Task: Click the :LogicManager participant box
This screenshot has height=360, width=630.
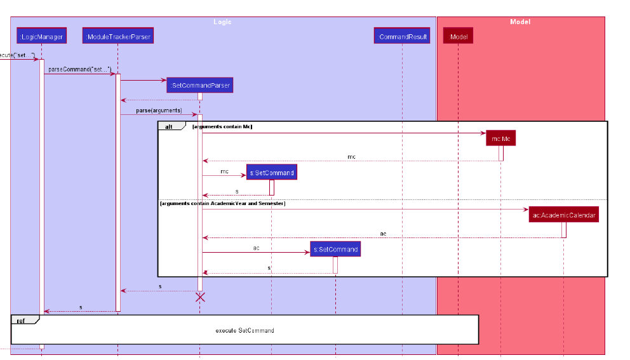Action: tap(41, 37)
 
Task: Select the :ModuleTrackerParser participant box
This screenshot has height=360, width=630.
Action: tap(118, 37)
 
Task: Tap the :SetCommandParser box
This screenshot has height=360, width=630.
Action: tap(199, 85)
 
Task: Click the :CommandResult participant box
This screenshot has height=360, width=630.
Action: tap(402, 37)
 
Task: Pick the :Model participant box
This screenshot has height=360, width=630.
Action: tap(458, 37)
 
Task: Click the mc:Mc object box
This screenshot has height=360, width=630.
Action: tap(500, 138)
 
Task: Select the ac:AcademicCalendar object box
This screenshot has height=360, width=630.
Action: tap(564, 215)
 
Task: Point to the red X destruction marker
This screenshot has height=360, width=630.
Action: tap(200, 297)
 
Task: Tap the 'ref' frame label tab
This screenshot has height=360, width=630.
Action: tap(21, 320)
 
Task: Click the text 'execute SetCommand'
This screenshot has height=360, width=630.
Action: tap(245, 330)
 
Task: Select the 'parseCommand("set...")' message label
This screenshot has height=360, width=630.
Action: tap(79, 69)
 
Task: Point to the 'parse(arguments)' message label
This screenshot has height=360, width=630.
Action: tap(159, 110)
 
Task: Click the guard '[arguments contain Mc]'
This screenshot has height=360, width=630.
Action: tap(222, 126)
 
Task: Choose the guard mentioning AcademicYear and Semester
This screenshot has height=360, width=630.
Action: tap(222, 203)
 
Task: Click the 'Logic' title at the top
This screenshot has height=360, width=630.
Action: tap(222, 22)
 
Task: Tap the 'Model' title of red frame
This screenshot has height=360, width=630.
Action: tap(520, 22)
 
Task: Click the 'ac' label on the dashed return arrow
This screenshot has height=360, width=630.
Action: tap(383, 234)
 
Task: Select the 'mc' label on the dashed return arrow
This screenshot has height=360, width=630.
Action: tap(351, 156)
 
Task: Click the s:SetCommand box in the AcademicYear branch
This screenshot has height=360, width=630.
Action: tap(335, 249)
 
